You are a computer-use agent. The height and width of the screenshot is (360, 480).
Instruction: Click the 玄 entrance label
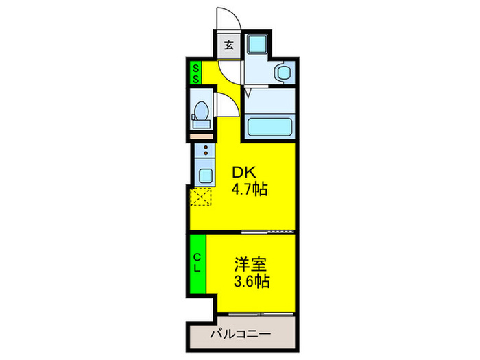coord(229,45)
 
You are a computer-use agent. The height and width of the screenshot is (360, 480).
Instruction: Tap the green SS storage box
coord(195,73)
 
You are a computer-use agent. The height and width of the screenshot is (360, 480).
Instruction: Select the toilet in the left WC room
coord(202,115)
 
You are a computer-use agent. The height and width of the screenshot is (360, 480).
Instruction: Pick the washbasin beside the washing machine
coord(284,72)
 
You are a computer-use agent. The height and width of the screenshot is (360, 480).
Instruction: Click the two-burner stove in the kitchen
coord(205,149)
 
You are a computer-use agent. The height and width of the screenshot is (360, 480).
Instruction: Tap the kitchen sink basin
coord(205,176)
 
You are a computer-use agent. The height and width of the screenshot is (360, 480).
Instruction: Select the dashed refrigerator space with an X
coord(201,197)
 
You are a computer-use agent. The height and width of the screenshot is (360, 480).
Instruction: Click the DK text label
coord(244,173)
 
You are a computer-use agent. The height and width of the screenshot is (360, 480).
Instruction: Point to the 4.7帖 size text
coord(250,189)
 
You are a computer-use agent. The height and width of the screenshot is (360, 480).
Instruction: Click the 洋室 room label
coord(251,265)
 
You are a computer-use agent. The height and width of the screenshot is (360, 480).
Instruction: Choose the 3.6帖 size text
coord(252,281)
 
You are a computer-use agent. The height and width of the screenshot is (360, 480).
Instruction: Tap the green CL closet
coord(197,263)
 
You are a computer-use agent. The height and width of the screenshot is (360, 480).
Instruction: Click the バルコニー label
coord(241,334)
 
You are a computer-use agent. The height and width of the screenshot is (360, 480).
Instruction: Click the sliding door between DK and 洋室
coord(268,232)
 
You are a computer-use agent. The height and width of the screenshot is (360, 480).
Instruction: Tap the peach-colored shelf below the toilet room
coord(202,136)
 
